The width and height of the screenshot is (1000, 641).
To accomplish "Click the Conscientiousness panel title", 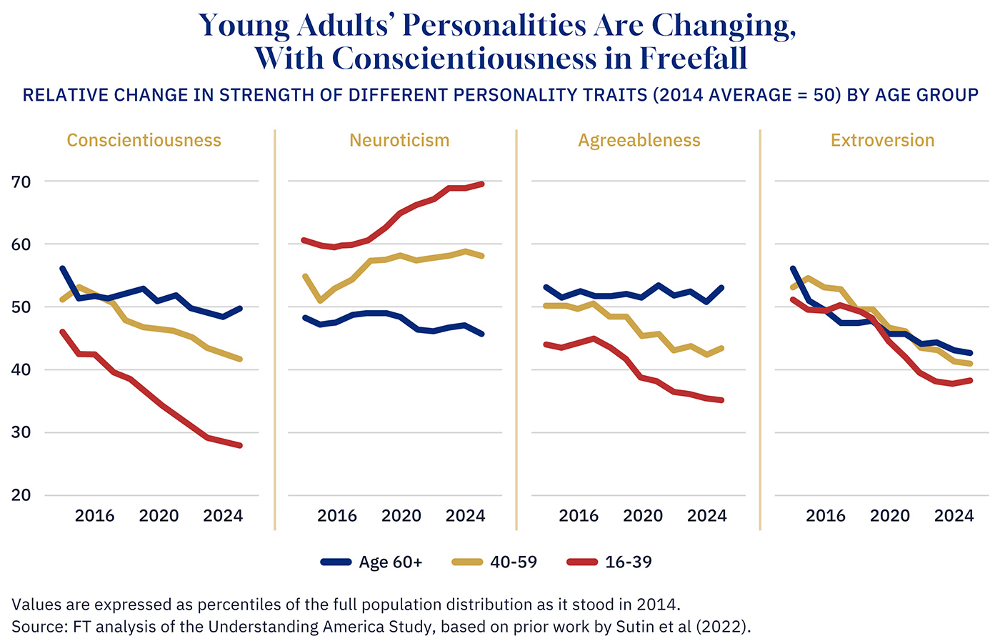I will click(x=144, y=140).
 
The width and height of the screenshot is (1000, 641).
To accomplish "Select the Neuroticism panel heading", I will click(x=399, y=140).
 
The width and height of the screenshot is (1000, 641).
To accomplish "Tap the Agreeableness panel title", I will click(x=639, y=140).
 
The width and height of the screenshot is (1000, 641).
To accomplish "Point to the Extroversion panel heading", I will click(x=882, y=140).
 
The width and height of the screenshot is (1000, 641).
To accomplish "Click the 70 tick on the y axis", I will click(x=21, y=182).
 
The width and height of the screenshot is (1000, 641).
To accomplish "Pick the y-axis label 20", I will click(x=21, y=495).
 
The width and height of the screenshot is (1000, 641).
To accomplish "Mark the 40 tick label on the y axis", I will click(x=21, y=369).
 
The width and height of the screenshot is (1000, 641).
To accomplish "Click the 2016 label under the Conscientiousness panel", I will click(x=94, y=516).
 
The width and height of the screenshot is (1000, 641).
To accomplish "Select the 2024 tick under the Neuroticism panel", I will click(x=465, y=516).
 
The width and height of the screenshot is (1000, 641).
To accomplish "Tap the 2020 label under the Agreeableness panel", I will click(x=643, y=516).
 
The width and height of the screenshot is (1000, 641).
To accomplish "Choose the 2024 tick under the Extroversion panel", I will click(x=954, y=516).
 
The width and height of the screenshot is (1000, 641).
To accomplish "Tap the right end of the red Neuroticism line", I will click(x=482, y=184).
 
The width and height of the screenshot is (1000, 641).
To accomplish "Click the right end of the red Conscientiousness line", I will click(x=240, y=445).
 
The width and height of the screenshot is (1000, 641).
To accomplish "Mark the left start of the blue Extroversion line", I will click(x=793, y=269).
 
